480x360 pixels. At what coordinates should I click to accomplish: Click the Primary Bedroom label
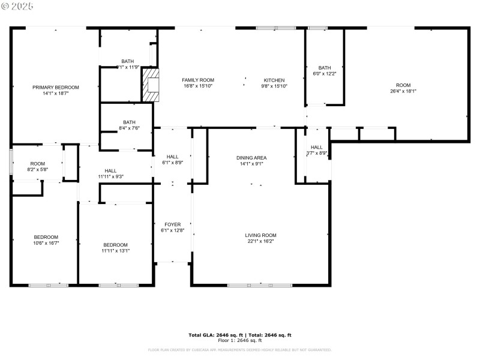[x=55, y=88]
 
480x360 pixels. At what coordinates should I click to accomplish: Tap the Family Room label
[x=198, y=80]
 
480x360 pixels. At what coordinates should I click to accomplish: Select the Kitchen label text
[x=274, y=80]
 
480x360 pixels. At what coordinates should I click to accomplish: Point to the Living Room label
[x=260, y=235]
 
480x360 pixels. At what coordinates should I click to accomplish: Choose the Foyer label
[x=172, y=224]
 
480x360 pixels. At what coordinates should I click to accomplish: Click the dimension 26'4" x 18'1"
[x=403, y=92]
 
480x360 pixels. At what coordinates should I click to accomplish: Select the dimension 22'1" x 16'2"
[x=260, y=241]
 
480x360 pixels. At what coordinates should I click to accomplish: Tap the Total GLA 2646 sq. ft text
[x=214, y=335]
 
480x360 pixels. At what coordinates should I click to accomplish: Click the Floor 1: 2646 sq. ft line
[x=239, y=340]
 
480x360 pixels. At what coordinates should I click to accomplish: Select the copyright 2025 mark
[x=18, y=5]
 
